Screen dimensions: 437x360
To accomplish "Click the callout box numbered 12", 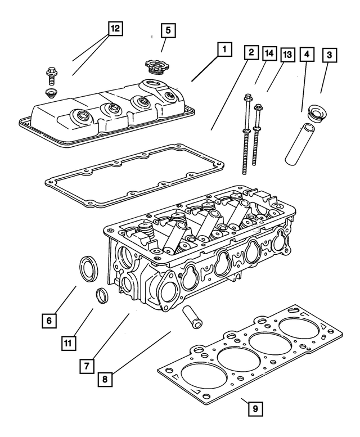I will point(115,28).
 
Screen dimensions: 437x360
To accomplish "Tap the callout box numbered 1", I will point(224,50).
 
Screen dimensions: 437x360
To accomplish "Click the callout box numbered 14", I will point(269,54).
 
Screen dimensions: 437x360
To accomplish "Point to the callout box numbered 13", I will point(287,55).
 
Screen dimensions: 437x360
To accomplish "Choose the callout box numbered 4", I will point(307,55).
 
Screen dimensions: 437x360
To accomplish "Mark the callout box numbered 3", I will point(329,55).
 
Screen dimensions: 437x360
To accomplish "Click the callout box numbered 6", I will point(49,321).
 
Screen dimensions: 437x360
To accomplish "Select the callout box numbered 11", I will point(68,342).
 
